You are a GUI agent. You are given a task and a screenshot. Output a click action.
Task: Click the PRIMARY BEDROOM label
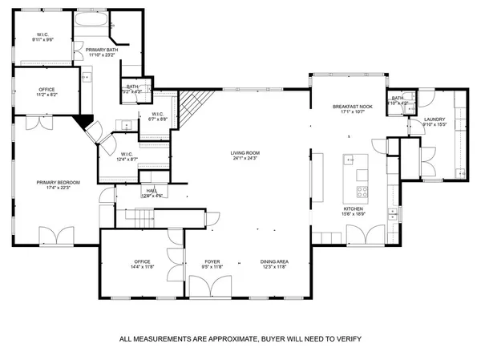pos(54,183)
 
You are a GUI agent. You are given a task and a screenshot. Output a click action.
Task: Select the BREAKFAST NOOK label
pos(350,107)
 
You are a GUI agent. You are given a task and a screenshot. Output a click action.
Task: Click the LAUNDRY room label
pos(435,120)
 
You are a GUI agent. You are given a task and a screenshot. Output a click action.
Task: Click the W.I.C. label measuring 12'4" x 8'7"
pos(127,160)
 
